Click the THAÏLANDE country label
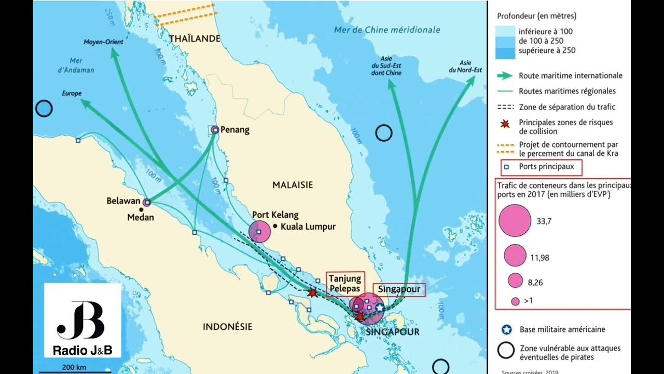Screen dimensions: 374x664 pos(195,38)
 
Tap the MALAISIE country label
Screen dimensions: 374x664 pos(293,184)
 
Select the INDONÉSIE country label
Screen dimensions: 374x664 pos(227,327)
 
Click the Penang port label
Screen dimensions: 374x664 pos(234,130)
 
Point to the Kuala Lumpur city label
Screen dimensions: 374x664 pos(308,226)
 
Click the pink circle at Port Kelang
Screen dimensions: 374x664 pos(259,231)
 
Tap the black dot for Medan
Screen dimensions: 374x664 pos(141,209)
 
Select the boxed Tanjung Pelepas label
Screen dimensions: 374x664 pos(345,283)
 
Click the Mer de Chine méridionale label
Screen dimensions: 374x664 pos(386,30)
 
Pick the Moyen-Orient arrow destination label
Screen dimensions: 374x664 pos(103,42)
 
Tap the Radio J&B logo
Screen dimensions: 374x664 pos(82,320)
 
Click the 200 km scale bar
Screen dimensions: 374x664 pos(75,371)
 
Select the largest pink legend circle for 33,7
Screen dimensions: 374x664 pos(515,220)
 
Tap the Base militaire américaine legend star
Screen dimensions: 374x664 pos(507,329)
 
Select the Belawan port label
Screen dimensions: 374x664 pos(123,201)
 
